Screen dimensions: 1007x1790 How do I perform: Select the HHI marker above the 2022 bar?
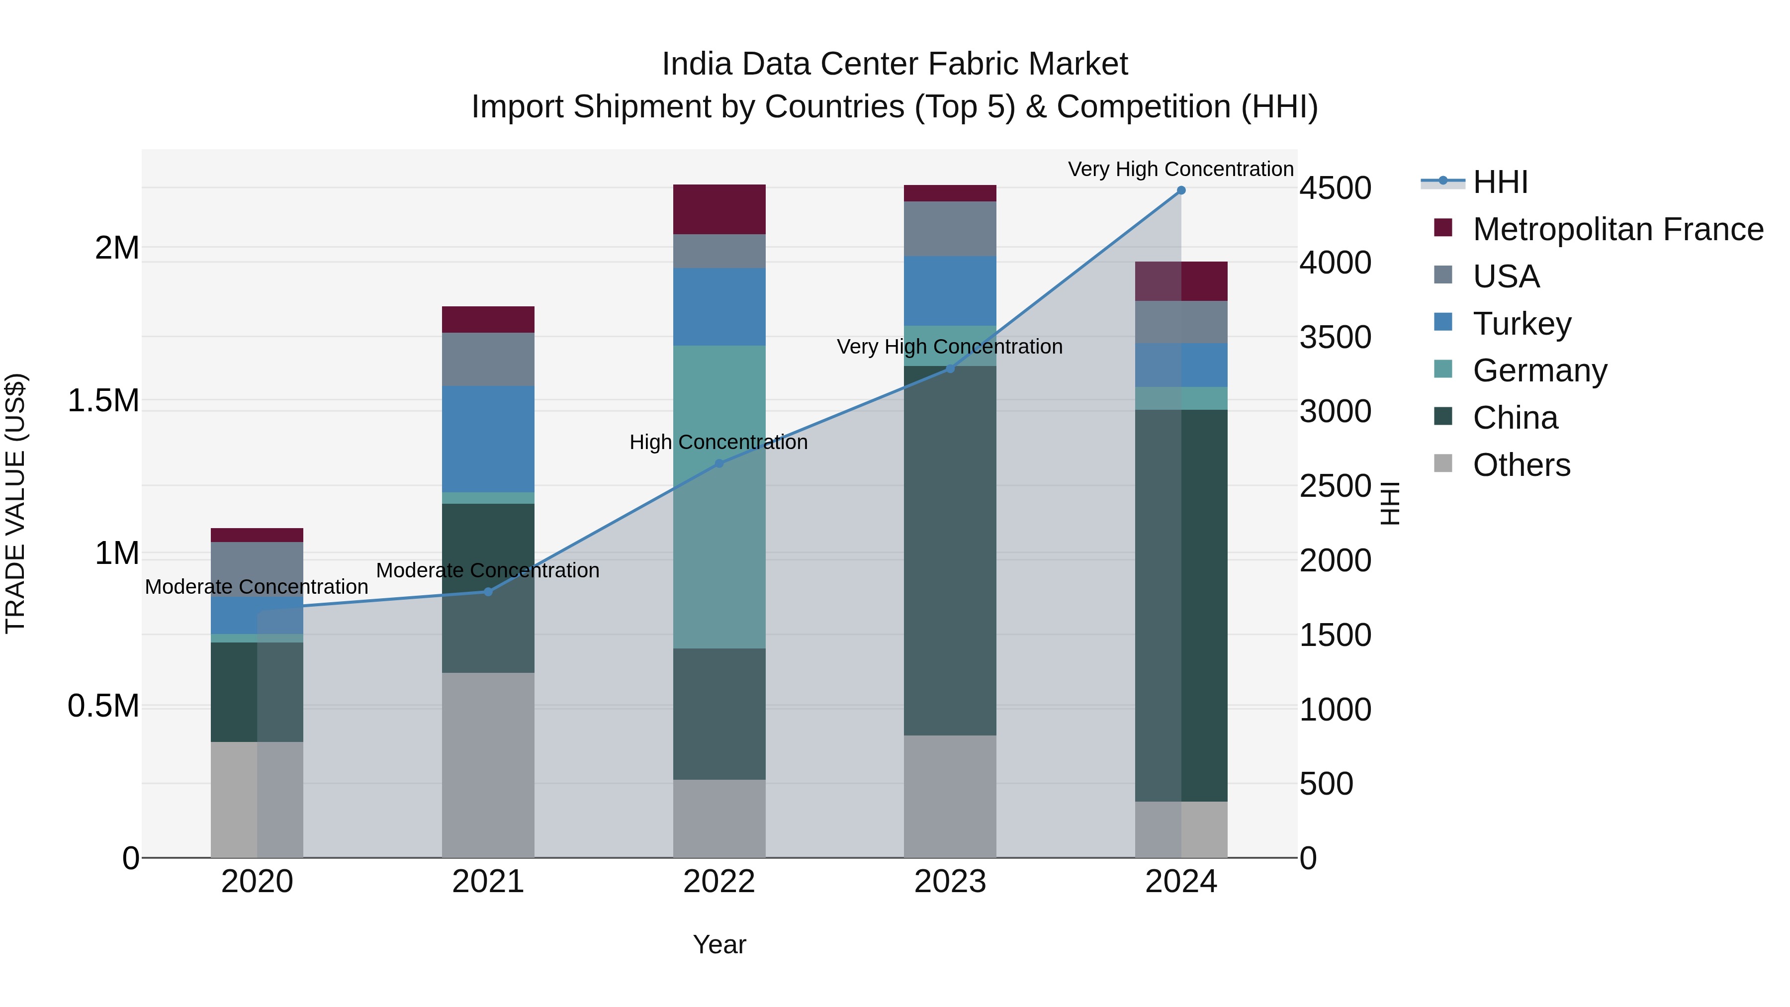point(719,463)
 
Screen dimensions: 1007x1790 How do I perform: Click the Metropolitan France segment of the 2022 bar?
point(719,209)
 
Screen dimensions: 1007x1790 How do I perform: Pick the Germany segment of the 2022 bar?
point(719,497)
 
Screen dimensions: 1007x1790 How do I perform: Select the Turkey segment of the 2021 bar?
point(488,439)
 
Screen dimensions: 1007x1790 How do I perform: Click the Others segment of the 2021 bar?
point(488,764)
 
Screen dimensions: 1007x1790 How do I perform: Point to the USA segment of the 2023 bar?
point(950,229)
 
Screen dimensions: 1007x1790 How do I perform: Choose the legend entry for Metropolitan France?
point(1617,229)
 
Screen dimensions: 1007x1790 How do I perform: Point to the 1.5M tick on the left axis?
point(103,401)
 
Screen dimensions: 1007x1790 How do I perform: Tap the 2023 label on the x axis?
point(950,882)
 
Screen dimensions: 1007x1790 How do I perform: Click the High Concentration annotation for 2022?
point(718,442)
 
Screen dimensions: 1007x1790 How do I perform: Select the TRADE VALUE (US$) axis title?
point(15,503)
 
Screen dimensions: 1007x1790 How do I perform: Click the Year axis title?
point(719,944)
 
